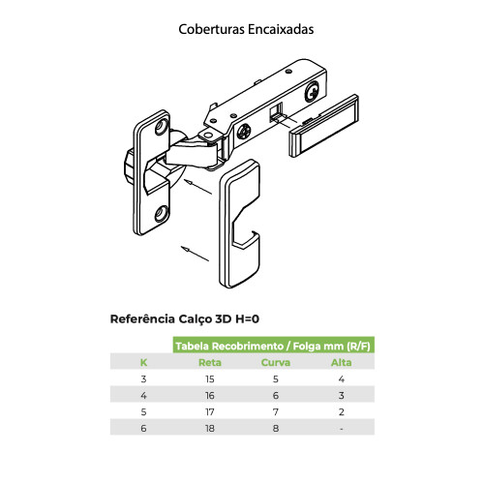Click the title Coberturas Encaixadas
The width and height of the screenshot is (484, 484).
click(x=245, y=29)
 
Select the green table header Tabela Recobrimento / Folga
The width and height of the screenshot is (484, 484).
click(x=274, y=345)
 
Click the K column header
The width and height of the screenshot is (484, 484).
click(x=143, y=362)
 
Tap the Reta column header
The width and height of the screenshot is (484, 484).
click(x=209, y=362)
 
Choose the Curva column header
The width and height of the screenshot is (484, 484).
click(x=276, y=362)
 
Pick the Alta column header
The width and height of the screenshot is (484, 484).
click(x=342, y=362)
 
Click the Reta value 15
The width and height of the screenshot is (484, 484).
click(x=209, y=378)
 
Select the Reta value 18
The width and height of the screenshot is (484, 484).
click(x=209, y=428)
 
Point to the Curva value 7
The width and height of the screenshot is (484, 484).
click(x=276, y=411)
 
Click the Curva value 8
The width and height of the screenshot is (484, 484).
click(x=276, y=428)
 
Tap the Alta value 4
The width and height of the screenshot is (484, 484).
click(x=342, y=378)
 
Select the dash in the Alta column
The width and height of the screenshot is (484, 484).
click(x=342, y=428)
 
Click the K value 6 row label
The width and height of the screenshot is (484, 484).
click(x=143, y=428)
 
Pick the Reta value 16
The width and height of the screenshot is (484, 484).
click(x=209, y=395)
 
